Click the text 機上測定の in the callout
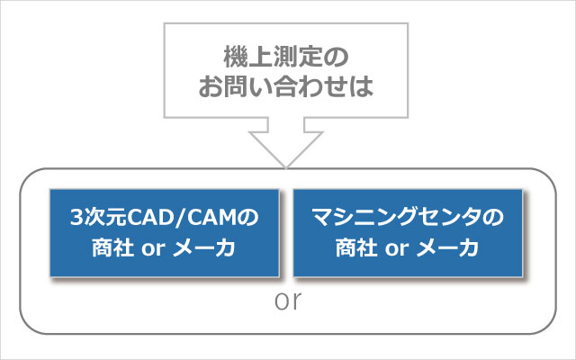[x=286, y=57]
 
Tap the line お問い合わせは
[x=286, y=86]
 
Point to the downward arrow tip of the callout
[x=286, y=168]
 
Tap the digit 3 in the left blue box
[x=76, y=217]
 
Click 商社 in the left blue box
[x=113, y=248]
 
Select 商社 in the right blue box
[x=356, y=248]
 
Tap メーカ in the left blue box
[x=204, y=248]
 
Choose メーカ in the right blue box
[x=447, y=248]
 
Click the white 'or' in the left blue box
[x=153, y=249]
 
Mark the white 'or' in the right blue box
[x=397, y=249]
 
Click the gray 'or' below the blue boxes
[x=288, y=301]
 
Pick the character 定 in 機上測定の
[x=311, y=57]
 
